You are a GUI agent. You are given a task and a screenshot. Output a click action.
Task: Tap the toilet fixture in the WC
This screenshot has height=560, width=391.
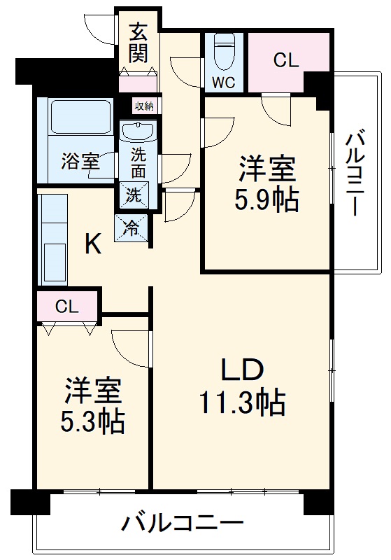[x=224, y=51]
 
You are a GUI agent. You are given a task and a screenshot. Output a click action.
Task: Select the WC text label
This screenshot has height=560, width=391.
[x=224, y=81]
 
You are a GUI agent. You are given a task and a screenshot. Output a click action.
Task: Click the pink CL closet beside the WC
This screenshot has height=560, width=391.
[x=285, y=61]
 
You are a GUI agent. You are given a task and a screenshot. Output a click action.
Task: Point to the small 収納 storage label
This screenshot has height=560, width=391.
[x=145, y=106]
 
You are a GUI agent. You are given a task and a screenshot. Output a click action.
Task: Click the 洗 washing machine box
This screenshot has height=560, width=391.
[x=133, y=194]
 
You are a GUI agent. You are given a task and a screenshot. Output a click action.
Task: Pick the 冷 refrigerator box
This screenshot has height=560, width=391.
[x=133, y=227]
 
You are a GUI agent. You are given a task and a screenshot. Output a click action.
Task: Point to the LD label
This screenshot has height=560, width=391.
[x=241, y=370]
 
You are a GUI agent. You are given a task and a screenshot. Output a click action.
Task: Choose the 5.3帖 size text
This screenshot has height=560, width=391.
[x=94, y=421]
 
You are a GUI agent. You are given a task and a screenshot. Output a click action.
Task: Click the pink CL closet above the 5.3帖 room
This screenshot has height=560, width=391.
[x=67, y=305]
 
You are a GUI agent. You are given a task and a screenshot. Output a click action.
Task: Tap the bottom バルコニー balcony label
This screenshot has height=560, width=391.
[x=183, y=522]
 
